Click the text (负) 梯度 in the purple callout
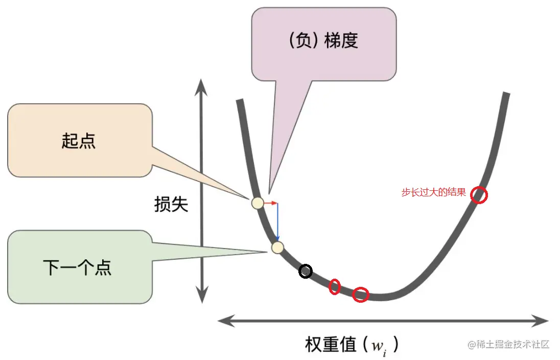click(323, 41)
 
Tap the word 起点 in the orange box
click(79, 141)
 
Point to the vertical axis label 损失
click(171, 205)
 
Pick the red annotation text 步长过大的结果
click(434, 193)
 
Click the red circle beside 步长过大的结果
click(479, 195)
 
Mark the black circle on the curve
click(306, 272)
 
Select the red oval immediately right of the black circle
click(335, 286)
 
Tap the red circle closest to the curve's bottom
click(361, 295)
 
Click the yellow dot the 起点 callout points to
click(258, 203)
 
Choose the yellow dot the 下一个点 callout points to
click(277, 247)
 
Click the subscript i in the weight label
click(384, 352)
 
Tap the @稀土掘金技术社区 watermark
click(508, 344)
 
